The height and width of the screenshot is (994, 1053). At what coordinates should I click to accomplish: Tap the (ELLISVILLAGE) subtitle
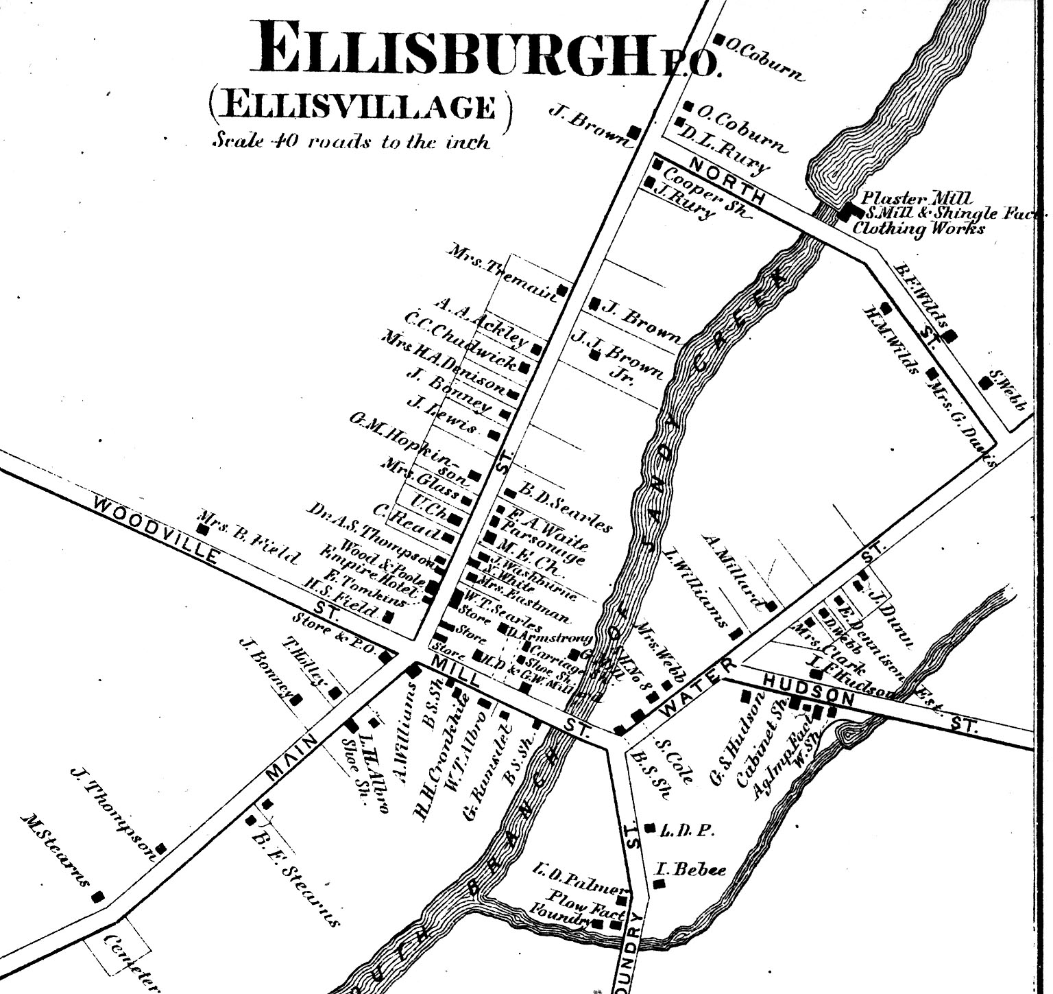point(359,107)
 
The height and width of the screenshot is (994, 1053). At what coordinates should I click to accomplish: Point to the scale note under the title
point(351,141)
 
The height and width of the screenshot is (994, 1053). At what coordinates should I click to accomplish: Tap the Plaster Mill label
point(907,198)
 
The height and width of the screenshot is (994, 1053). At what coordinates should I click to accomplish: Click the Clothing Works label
point(918,228)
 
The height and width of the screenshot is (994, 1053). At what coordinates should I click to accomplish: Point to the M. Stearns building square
point(98,896)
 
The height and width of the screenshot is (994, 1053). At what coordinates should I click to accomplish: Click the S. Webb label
point(1008,392)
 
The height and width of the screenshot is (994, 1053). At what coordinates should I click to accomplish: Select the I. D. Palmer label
point(576,877)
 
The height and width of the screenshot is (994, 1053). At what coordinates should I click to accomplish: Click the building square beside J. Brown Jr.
point(594,355)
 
